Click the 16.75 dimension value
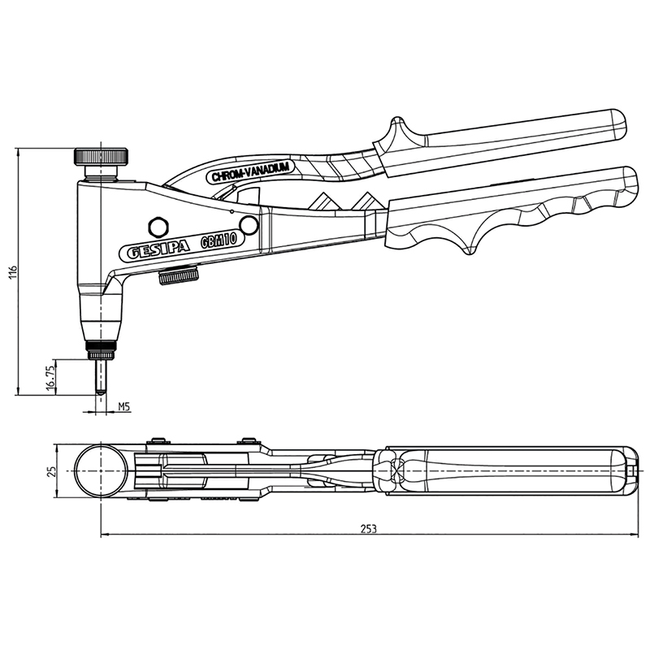click(x=50, y=377)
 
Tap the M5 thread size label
click(x=124, y=407)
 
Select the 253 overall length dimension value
click(x=368, y=529)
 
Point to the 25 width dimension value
click(x=52, y=471)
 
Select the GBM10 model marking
click(x=219, y=240)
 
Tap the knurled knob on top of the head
click(x=101, y=156)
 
